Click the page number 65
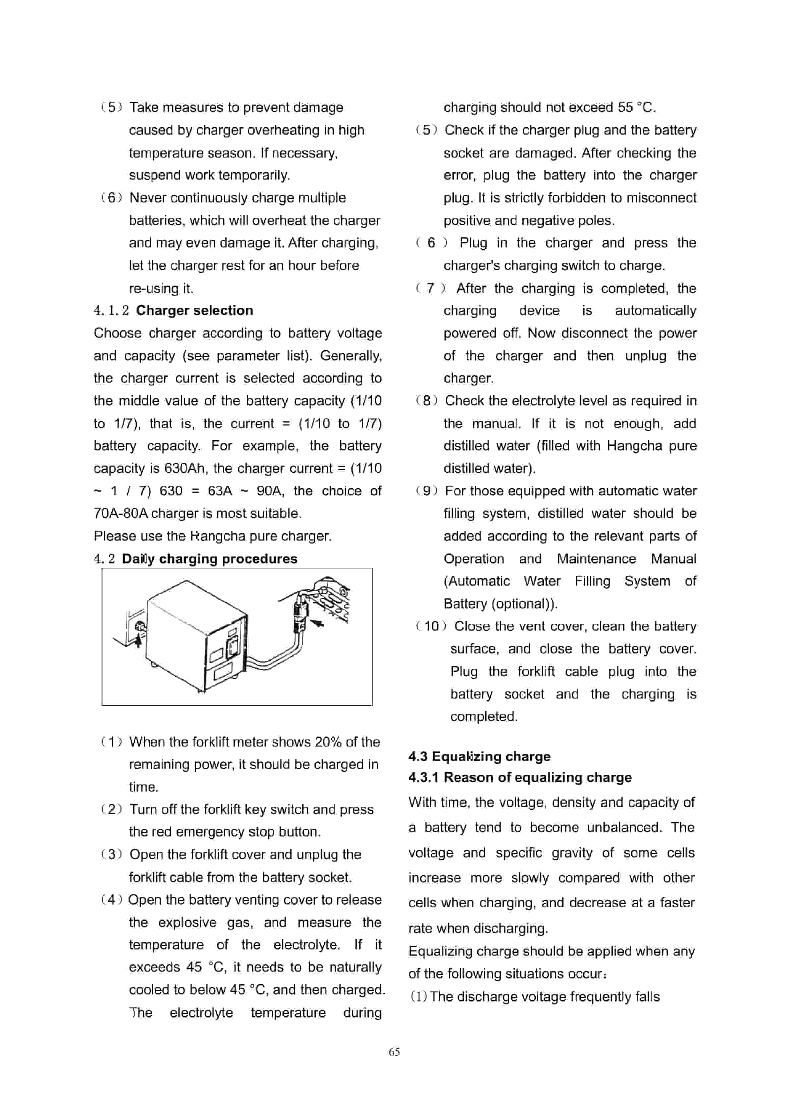tap(394, 1052)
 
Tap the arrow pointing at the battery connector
tap(317, 623)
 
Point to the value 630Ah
tap(185, 469)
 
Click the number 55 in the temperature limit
tap(625, 107)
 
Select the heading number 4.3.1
tap(423, 777)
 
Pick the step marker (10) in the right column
tap(431, 626)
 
